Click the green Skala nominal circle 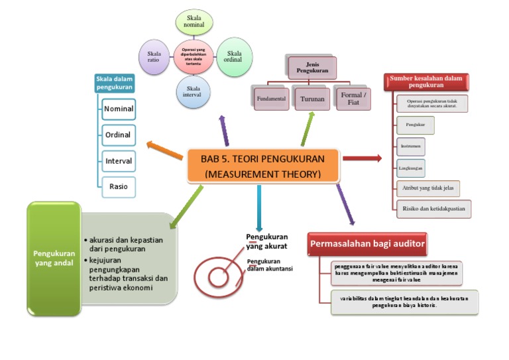194,21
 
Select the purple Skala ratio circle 154,56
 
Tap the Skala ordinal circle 234,56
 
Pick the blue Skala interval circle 194,91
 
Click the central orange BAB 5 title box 262,165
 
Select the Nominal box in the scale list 118,109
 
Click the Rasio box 118,186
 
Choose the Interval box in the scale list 118,160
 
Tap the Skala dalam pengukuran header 115,83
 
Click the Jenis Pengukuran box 312,67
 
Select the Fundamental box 270,99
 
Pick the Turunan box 312,99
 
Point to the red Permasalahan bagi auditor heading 368,244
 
